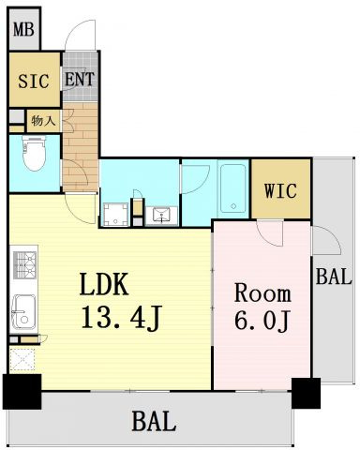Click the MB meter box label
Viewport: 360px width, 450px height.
pos(23,30)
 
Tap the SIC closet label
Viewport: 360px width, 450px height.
pos(34,81)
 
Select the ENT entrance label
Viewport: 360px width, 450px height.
pos(80,79)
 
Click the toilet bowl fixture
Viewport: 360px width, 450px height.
pos(34,153)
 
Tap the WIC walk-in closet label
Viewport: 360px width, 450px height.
pos(280,190)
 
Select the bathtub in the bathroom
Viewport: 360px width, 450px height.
pos(233,188)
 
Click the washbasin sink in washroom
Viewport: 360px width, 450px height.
pos(161,216)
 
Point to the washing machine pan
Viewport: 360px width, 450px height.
pos(115,215)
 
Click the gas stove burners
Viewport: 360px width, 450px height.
pos(24,264)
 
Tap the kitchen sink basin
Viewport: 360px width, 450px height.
pos(23,311)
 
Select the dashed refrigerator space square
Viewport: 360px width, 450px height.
pos(22,359)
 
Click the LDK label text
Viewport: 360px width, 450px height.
pos(104,284)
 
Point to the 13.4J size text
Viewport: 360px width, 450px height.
pos(121,318)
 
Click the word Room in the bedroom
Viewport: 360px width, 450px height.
pos(262,293)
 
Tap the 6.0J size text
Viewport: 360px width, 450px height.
pos(262,321)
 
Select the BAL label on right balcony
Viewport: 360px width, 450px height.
pos(334,277)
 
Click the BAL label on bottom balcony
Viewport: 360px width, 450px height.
pos(154,422)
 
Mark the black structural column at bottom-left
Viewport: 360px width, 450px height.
pos(22,392)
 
